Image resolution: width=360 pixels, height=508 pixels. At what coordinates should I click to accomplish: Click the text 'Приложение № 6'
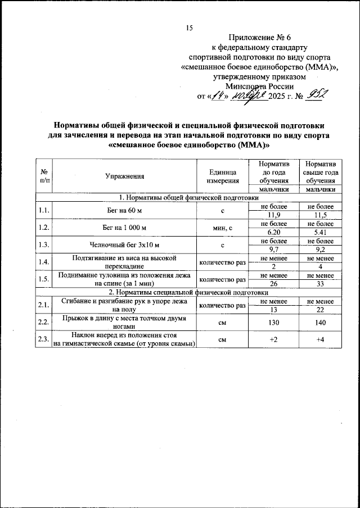(259, 38)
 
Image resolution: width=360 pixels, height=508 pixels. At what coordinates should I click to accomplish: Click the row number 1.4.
(43, 262)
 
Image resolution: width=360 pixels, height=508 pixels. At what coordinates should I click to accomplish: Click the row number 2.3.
(43, 340)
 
